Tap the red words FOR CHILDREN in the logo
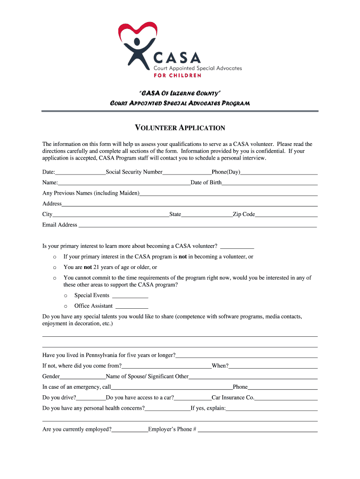click(x=178, y=75)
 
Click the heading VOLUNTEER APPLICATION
click(x=180, y=128)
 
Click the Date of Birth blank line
click(x=270, y=183)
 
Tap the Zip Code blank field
click(x=286, y=215)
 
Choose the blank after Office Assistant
click(x=131, y=307)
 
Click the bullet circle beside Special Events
click(x=65, y=296)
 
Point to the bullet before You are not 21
click(x=55, y=268)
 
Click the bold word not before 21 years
click(x=87, y=267)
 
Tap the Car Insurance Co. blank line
click(x=286, y=399)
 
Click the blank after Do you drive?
click(x=91, y=399)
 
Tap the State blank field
click(x=207, y=215)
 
